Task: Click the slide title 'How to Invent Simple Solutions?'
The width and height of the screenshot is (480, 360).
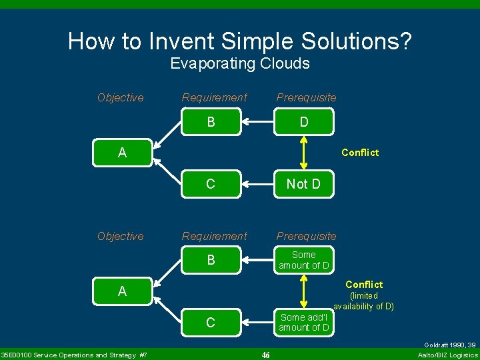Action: pos(240,41)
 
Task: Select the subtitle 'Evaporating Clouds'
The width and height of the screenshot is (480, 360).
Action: pos(240,63)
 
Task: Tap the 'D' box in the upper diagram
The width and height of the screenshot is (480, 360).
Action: pos(304,122)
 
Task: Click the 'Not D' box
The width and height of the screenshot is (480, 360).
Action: pos(304,184)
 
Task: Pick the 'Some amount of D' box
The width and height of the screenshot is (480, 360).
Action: pos(304,260)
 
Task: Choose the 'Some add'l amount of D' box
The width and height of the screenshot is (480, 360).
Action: pos(304,322)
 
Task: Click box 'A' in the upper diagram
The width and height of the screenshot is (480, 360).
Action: pos(122,153)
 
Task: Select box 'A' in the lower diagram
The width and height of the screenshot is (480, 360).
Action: pos(122,291)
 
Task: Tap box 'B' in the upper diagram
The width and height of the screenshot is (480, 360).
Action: pos(211,122)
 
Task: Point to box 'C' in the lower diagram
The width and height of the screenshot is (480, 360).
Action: pos(211,323)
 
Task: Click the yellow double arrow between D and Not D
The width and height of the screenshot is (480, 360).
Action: pos(304,153)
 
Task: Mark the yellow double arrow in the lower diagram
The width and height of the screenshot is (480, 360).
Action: pos(304,291)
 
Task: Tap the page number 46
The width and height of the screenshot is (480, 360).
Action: pos(265,355)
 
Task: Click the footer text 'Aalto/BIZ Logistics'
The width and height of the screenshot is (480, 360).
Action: pos(447,355)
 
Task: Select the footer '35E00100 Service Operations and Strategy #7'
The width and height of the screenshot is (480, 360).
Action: pos(74,355)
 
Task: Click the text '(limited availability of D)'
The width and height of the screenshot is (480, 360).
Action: pos(364,301)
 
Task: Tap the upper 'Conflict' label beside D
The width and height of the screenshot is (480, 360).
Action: pos(359,153)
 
